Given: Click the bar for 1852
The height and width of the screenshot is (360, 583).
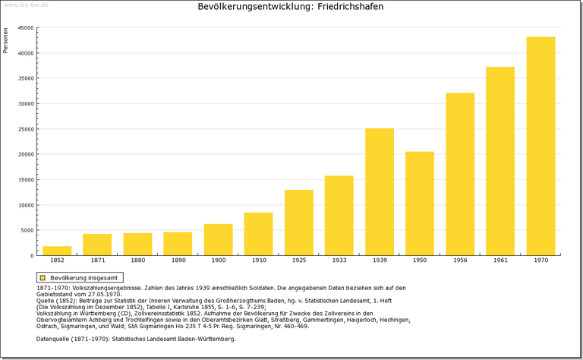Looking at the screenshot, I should click(57, 251).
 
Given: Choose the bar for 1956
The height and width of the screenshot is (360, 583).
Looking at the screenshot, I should click(460, 174).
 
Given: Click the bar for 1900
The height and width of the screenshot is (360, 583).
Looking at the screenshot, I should click(218, 239).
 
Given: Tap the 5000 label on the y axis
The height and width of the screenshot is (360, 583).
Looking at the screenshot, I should click(27, 230).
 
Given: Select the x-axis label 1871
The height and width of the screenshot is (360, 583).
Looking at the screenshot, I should click(97, 261).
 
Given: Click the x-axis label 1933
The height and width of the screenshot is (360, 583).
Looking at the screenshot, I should click(339, 261).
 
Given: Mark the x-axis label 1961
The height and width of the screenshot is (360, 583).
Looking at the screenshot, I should click(500, 261).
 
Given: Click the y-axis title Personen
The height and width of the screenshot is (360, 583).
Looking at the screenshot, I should click(6, 40).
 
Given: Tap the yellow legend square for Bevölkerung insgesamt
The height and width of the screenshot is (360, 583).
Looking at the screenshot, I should click(43, 278).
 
